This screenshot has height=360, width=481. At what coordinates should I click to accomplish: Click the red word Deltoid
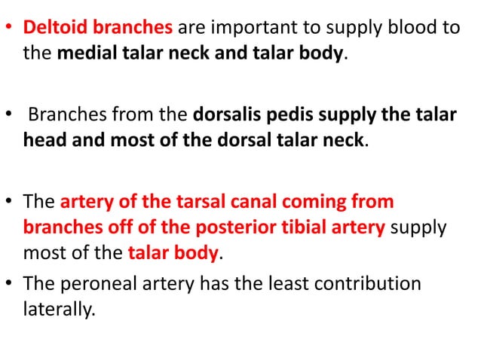[55, 29]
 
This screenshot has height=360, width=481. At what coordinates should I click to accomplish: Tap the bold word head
[46, 142]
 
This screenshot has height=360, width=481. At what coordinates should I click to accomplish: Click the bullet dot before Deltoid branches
[11, 29]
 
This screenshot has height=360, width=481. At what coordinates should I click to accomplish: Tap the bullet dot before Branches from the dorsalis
[11, 117]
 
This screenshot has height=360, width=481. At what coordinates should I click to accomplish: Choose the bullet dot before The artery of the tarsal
[11, 203]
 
